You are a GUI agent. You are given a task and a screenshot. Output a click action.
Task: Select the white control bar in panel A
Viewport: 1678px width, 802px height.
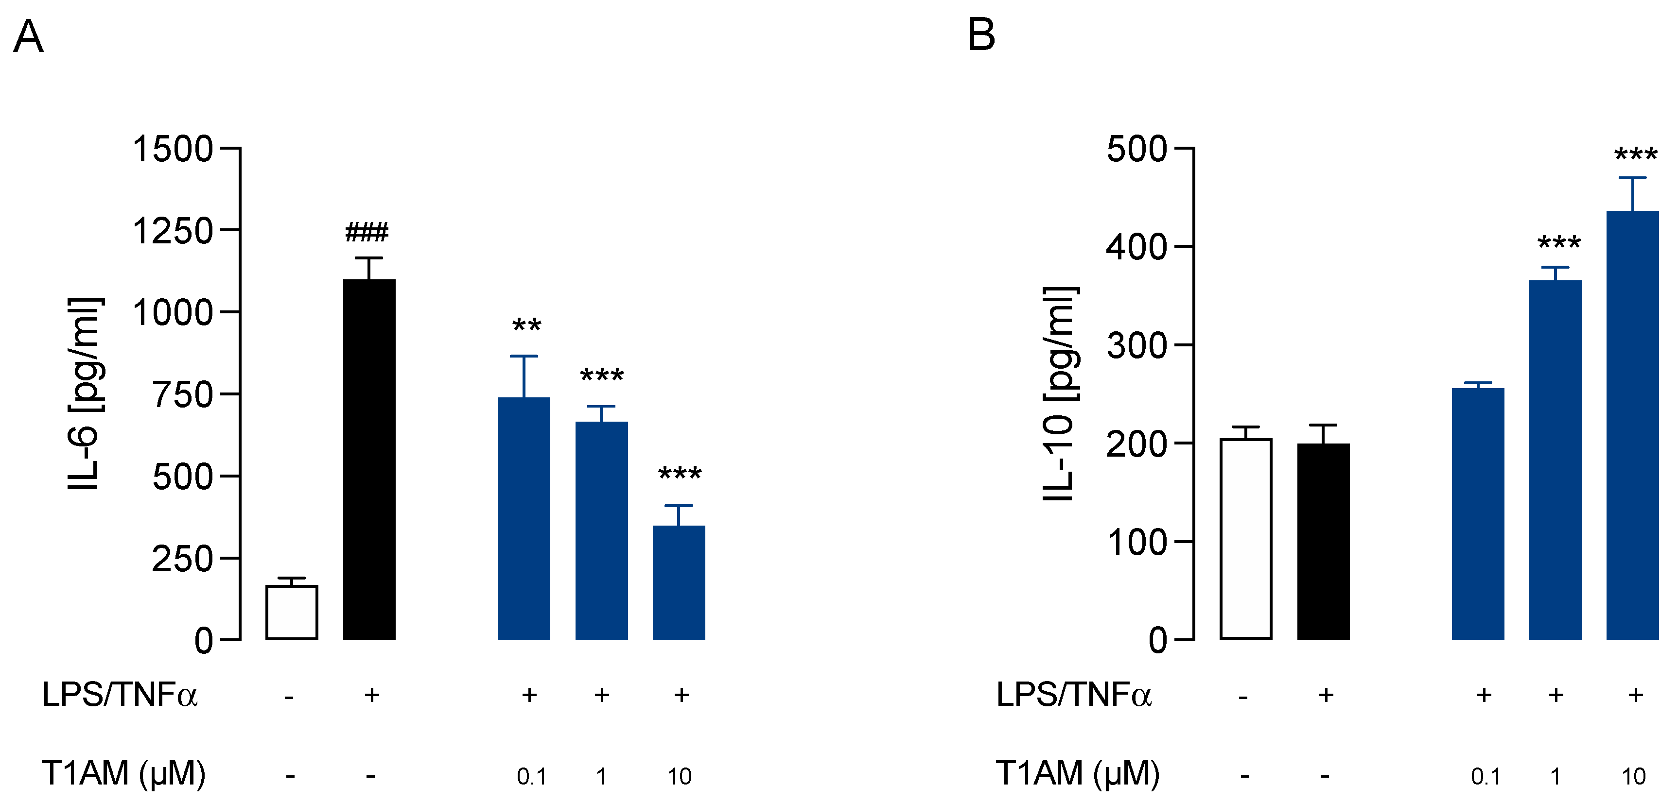click(x=291, y=612)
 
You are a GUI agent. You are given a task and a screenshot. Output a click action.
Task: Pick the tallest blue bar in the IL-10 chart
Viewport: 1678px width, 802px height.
click(x=1632, y=425)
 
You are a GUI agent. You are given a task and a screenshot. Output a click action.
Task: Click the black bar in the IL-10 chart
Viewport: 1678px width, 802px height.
click(x=1323, y=541)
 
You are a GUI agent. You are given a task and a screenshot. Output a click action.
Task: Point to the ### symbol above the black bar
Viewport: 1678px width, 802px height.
click(x=367, y=232)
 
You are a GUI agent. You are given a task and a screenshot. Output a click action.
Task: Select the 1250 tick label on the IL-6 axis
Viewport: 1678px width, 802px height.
click(x=173, y=231)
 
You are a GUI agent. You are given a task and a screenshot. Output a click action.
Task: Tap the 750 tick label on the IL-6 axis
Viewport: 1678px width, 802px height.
click(x=182, y=395)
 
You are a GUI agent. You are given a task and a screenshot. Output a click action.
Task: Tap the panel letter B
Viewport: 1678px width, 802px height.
click(x=981, y=34)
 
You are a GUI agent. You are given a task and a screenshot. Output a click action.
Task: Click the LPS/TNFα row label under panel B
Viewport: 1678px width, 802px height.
click(x=1073, y=695)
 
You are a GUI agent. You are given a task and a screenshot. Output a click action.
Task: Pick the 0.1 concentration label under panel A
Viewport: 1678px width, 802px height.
click(x=531, y=776)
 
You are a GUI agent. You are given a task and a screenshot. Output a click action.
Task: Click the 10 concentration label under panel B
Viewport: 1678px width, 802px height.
click(x=1633, y=776)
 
